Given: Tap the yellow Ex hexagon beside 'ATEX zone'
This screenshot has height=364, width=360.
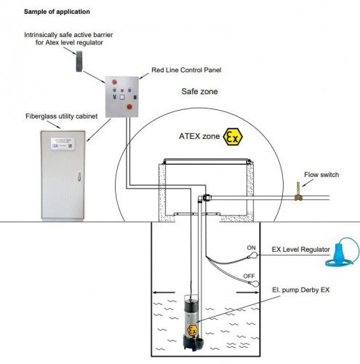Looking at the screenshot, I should [x=236, y=137].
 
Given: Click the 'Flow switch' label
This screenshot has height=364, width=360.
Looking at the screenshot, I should [x=324, y=174].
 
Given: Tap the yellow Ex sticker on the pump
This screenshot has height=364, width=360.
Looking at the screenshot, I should [x=193, y=330].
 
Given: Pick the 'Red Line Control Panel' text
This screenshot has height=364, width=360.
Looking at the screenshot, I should [x=185, y=70].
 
